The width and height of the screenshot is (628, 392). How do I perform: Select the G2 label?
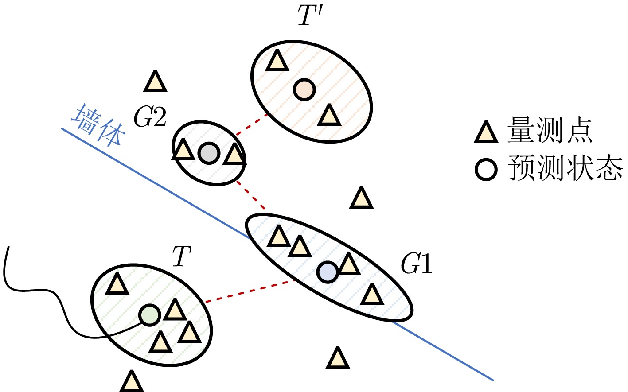tap(150, 118)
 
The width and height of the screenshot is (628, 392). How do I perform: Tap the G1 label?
tap(416, 264)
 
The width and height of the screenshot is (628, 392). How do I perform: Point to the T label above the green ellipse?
tap(181, 257)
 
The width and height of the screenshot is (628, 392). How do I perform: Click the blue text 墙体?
tap(98, 126)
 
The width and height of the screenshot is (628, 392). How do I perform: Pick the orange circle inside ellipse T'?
tap(304, 89)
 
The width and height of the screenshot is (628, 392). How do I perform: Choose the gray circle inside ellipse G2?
tap(209, 153)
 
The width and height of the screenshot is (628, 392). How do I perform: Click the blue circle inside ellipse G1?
tap(328, 272)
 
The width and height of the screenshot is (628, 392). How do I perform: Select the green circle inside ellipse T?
tap(149, 315)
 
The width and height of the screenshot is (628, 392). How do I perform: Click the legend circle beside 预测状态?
tap(486, 170)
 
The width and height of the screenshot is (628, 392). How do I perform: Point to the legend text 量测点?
tap(550, 131)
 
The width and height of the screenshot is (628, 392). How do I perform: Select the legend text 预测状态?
tap(566, 168)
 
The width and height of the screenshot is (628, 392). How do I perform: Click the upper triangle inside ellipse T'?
tap(277, 62)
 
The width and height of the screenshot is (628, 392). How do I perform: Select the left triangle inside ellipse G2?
tap(183, 151)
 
